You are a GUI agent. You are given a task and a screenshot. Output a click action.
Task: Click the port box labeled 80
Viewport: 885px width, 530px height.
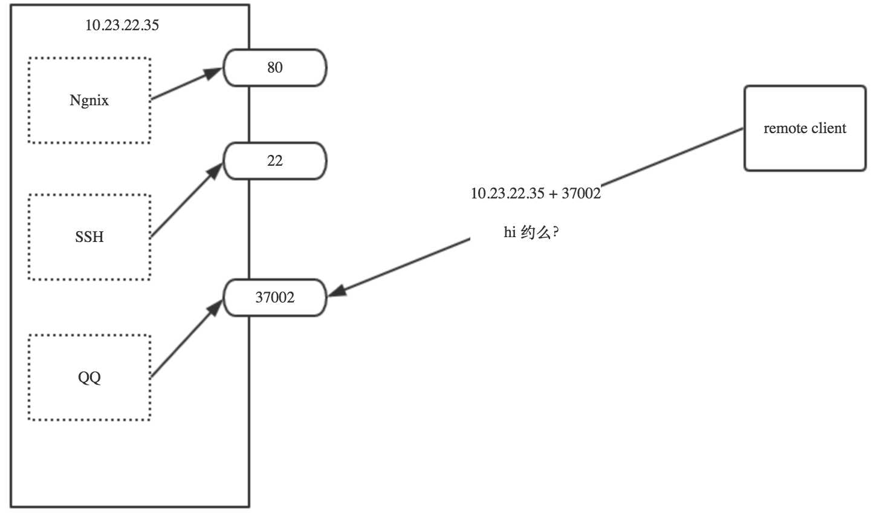275,68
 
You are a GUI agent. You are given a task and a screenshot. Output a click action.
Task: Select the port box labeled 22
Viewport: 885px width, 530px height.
275,161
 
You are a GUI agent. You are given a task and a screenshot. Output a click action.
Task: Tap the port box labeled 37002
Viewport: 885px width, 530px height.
275,297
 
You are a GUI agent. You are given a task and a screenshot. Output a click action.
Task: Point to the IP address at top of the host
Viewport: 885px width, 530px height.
122,25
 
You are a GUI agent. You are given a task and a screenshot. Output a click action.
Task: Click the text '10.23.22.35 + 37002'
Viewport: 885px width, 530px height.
536,194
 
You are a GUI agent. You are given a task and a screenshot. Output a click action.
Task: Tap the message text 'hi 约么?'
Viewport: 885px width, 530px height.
531,232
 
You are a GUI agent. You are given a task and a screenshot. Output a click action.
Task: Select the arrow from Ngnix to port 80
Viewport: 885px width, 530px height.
186,84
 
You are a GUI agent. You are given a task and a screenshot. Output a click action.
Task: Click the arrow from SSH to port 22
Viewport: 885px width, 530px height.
186,200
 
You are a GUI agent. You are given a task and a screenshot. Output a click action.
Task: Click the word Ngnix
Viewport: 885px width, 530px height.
89,100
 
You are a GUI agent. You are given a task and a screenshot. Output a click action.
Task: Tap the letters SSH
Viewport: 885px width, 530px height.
89,237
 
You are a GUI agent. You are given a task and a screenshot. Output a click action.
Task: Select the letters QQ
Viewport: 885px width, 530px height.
89,378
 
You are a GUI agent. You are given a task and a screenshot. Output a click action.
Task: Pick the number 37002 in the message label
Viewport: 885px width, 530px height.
581,194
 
